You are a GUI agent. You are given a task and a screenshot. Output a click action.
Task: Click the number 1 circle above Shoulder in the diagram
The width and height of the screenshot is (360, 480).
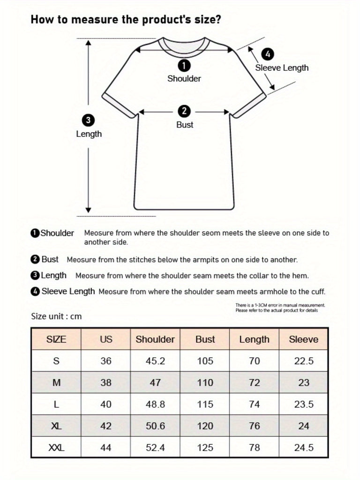(x=184, y=65)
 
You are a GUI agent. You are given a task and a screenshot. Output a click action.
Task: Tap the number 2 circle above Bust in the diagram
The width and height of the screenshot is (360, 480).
(x=184, y=111)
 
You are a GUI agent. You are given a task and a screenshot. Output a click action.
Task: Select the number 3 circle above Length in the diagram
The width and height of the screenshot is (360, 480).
(x=88, y=120)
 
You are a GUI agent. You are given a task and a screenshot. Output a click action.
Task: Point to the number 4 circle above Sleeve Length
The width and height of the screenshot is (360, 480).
(x=267, y=54)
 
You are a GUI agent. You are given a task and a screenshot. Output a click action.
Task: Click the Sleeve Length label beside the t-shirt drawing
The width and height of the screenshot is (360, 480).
(x=282, y=68)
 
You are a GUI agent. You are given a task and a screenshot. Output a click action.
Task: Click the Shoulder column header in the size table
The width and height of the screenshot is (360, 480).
(x=155, y=339)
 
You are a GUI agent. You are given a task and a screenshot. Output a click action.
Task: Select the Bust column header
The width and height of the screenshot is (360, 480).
(x=205, y=339)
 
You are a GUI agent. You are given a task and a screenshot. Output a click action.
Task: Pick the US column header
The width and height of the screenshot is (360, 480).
(x=106, y=339)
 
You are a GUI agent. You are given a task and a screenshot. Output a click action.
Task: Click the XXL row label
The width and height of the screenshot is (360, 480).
(x=56, y=448)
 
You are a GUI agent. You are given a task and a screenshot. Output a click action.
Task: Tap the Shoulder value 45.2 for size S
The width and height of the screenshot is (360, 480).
(x=155, y=361)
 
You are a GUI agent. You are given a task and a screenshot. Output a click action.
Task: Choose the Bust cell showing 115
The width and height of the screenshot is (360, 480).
(x=205, y=405)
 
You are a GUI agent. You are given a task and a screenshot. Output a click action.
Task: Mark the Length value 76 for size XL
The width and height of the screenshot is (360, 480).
(x=255, y=426)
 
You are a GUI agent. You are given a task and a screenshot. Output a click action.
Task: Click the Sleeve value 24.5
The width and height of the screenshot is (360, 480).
(x=304, y=448)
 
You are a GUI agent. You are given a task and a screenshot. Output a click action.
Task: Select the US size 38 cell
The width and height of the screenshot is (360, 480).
(x=106, y=383)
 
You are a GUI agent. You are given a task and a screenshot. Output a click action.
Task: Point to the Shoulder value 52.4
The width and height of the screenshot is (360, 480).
(x=155, y=448)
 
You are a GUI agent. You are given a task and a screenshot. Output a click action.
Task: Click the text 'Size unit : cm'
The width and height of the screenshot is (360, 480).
(x=56, y=316)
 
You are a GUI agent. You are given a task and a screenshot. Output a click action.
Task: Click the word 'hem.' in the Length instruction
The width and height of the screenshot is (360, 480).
(x=301, y=276)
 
